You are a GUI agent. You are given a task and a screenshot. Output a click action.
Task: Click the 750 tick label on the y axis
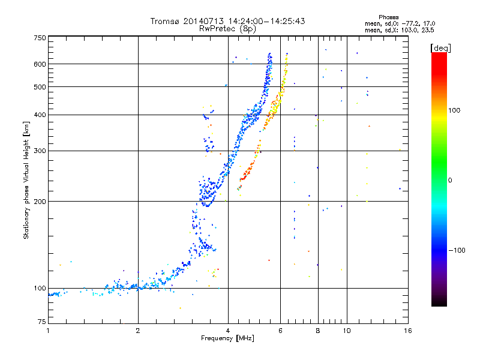click(40, 38)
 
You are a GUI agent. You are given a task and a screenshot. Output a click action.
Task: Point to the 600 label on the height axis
click(40, 64)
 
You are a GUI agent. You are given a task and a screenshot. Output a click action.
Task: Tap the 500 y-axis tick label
click(40, 87)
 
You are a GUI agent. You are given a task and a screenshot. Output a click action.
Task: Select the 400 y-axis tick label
click(40, 115)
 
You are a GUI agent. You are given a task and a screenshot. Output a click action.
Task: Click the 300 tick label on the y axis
click(40, 151)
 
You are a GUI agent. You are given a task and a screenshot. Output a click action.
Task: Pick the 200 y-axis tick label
click(40, 202)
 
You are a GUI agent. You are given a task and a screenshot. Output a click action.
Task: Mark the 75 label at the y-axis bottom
click(42, 322)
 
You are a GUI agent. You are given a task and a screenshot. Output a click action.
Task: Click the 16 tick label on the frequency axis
click(408, 331)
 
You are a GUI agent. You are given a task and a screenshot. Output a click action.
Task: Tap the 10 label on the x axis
click(347, 331)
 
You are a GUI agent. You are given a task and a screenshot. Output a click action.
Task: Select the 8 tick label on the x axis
click(318, 331)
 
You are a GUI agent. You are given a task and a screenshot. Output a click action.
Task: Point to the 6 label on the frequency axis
click(280, 331)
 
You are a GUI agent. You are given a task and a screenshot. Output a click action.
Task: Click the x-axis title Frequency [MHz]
click(227, 338)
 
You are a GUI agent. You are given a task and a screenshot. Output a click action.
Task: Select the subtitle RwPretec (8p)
click(227, 29)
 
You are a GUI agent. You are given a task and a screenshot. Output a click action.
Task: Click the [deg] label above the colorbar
click(440, 48)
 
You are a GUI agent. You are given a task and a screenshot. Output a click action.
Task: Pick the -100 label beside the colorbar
click(457, 250)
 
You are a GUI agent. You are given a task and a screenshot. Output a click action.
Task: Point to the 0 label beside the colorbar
click(450, 181)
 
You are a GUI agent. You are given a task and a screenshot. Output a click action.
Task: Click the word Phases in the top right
click(388, 17)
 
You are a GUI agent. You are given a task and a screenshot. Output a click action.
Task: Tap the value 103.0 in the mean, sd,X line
click(411, 31)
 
